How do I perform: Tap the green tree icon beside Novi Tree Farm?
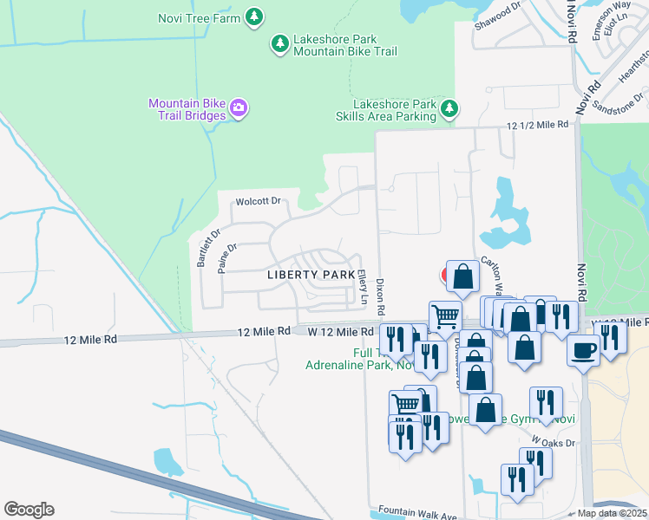coord(253,16)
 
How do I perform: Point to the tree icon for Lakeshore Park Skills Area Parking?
coord(449,109)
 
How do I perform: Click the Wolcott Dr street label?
coord(258,202)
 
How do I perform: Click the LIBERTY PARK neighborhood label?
coord(311,275)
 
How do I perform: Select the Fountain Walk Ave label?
coord(417,514)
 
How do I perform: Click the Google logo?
coord(29,510)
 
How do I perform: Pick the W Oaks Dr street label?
coord(554,441)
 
